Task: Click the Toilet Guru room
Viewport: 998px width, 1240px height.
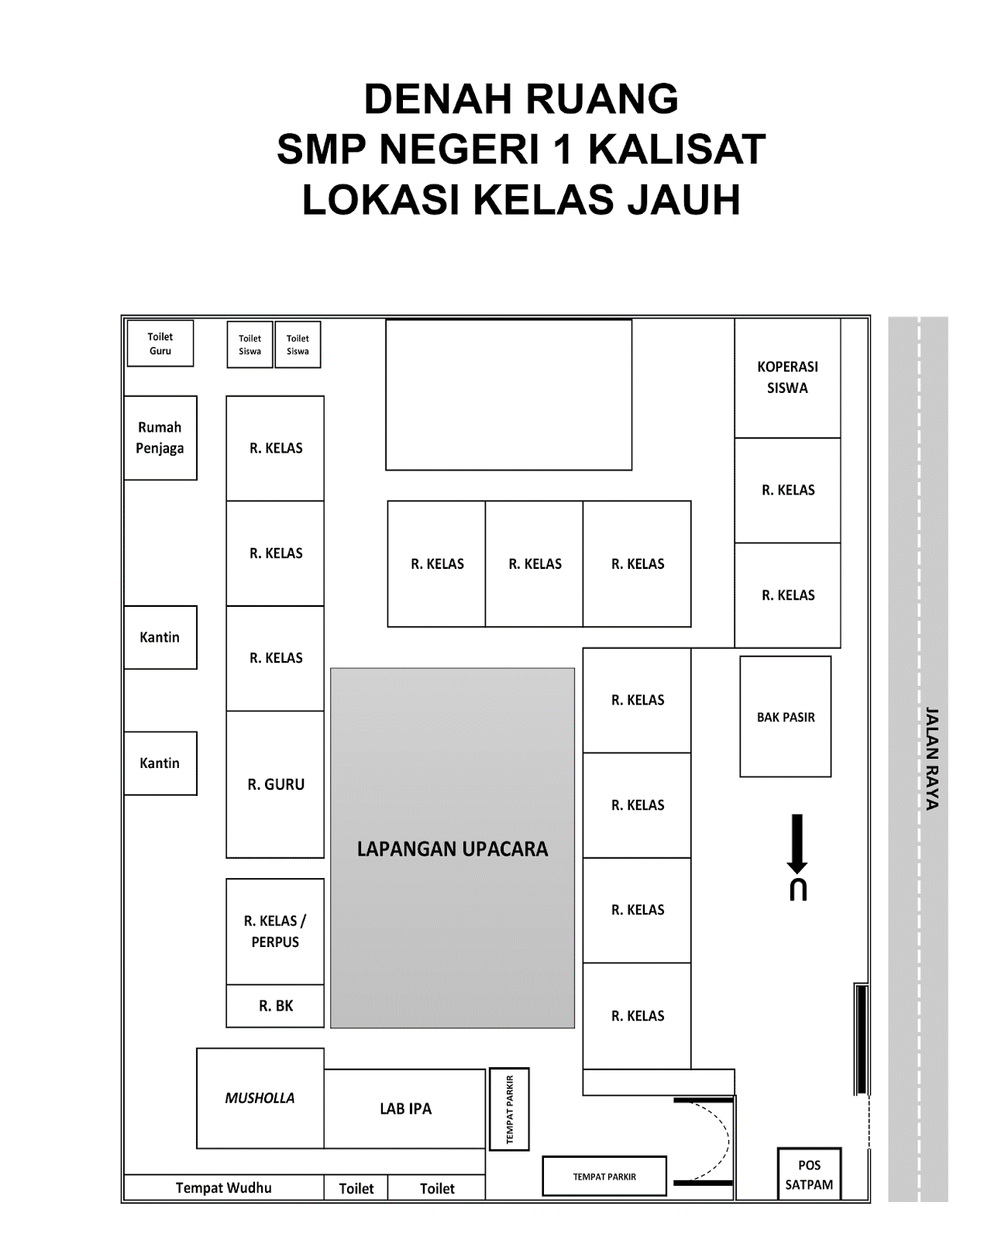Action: pos(160,343)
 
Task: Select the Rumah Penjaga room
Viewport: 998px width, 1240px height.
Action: pos(160,438)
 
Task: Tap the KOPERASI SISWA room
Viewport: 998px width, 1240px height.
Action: pos(787,378)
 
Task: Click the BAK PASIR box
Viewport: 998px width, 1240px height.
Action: pos(785,717)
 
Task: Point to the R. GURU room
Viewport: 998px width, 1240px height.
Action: pos(275,784)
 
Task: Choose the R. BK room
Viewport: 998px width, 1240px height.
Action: pos(275,1006)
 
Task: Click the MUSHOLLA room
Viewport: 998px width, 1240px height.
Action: pos(260,1098)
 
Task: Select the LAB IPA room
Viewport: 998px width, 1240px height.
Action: pos(405,1109)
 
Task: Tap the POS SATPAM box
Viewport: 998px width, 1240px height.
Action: pos(809,1175)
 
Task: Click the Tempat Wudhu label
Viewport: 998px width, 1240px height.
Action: pos(223,1188)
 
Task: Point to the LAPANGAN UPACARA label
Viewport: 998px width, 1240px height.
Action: pos(453,849)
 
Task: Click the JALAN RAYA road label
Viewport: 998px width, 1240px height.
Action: pos(931,758)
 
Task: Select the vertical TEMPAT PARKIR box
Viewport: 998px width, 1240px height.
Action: pos(509,1109)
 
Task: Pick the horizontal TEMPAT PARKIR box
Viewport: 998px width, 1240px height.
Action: pos(604,1176)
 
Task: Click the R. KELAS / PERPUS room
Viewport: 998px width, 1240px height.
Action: pos(275,932)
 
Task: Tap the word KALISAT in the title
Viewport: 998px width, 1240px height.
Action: pos(677,150)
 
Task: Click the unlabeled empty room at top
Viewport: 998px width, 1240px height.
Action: pos(508,395)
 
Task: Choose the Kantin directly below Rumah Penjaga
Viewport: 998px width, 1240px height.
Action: pos(160,637)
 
